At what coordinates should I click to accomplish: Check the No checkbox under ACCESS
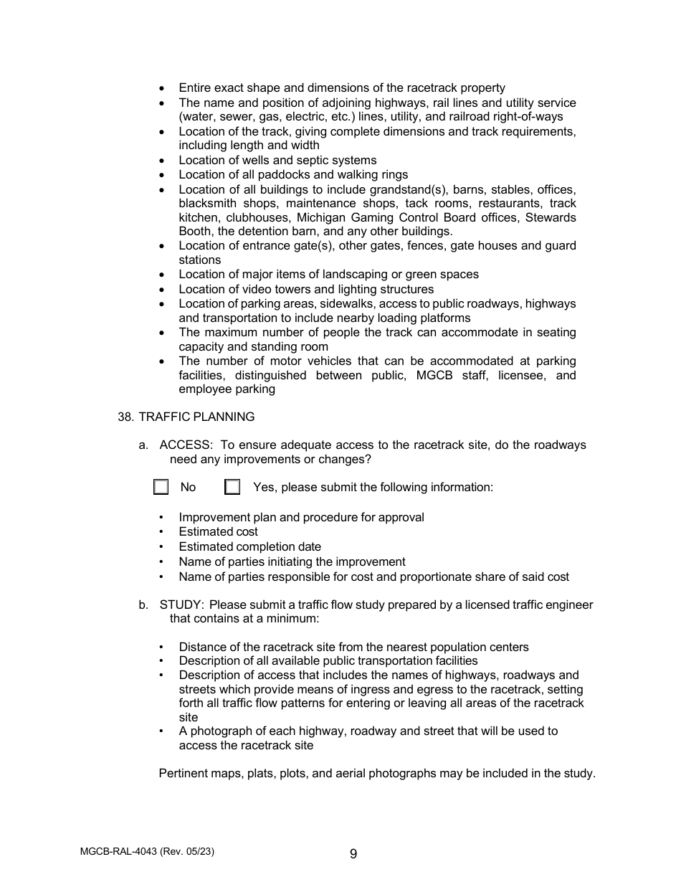coord(161,488)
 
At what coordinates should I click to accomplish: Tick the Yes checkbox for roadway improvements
coord(232,488)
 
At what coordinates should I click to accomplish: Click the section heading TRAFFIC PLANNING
coord(196,417)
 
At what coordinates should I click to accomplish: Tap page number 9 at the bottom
coord(353,853)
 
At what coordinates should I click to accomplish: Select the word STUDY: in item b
coord(182,605)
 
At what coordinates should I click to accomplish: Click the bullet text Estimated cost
coord(218,532)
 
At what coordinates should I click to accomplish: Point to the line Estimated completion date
coord(249,547)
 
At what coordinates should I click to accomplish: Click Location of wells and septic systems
coord(277,161)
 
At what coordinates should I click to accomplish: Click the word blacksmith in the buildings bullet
coord(207,204)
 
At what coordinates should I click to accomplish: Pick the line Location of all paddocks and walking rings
coord(293,175)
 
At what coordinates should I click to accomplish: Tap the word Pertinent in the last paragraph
coord(183,774)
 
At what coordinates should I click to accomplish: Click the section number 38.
coord(125,417)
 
